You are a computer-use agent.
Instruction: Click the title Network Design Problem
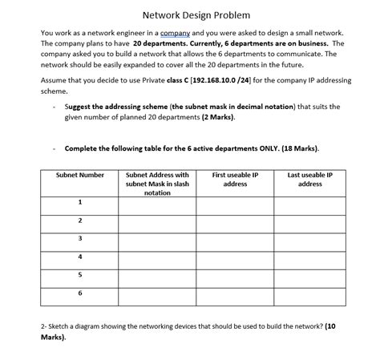point(190,15)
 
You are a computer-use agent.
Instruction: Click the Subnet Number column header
point(80,175)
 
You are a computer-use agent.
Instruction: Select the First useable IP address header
point(235,179)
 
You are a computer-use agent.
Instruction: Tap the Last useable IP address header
point(309,179)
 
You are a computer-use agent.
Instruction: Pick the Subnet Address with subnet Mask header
point(157,183)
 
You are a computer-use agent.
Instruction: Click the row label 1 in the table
point(80,202)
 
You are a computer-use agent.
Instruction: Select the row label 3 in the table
point(80,238)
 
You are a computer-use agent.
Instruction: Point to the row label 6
point(80,293)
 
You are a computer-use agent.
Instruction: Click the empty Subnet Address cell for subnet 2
point(157,220)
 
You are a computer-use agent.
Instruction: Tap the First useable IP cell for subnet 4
point(235,257)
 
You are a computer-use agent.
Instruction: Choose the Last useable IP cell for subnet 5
point(309,275)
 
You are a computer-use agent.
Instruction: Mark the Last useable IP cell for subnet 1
point(309,202)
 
